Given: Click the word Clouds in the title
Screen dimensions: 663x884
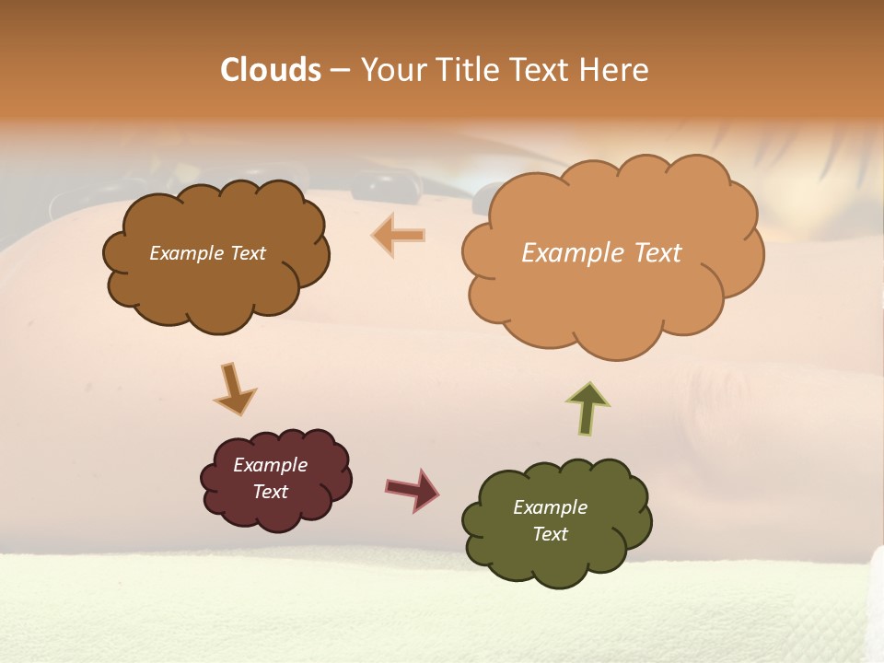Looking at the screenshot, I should point(271,70).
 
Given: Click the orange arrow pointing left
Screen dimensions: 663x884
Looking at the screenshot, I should point(399,235).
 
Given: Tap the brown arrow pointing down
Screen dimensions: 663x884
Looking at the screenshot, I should point(233,389).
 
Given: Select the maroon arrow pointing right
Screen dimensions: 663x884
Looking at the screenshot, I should point(412,490).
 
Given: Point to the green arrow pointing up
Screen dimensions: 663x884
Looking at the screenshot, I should point(587,408).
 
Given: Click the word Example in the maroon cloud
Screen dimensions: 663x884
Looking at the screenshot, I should point(270,465).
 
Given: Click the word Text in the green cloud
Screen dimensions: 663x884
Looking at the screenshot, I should point(551,534).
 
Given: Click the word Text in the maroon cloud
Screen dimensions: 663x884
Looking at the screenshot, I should point(271,492).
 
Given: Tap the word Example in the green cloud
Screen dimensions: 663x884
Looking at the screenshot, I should point(550,507).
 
